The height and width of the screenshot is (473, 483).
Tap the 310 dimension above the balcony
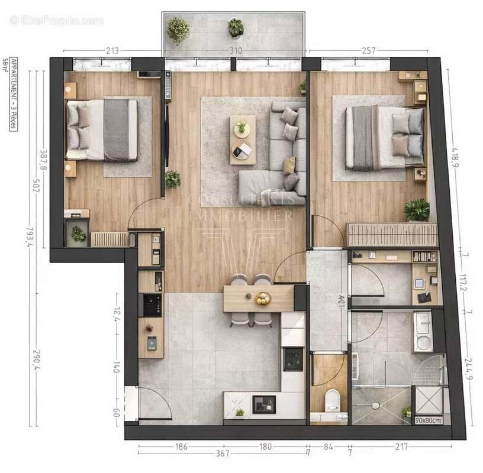(236, 51)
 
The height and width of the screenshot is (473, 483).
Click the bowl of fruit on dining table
(262, 299)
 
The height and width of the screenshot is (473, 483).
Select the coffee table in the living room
(243, 140)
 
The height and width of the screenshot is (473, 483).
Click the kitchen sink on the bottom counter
(263, 404)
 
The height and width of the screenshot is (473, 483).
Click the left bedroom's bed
(102, 130)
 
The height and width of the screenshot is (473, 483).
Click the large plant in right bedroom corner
(417, 209)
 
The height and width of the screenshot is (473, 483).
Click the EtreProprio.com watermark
(56, 21)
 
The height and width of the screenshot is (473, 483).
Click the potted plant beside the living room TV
(172, 178)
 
